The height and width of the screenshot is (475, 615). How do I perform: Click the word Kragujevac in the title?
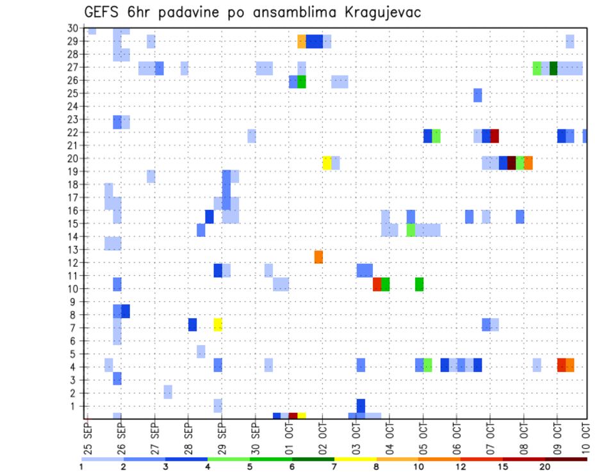coord(380,12)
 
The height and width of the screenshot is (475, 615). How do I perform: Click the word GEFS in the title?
coord(102,12)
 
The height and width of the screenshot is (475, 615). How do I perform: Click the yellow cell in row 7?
coord(218,325)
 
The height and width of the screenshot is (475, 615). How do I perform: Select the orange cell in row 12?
coord(318,257)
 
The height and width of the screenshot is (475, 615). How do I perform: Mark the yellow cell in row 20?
coord(327,163)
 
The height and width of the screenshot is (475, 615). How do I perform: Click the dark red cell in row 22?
coord(495,136)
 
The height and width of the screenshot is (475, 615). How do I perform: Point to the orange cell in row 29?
coord(302,42)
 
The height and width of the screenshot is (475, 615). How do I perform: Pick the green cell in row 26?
coord(302,81)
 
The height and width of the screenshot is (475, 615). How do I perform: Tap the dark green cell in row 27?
coord(553,68)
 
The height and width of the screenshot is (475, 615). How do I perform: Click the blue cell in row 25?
coord(478,95)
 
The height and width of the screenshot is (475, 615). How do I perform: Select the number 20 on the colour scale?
coord(545,467)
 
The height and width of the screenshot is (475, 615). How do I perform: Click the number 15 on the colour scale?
coord(503,467)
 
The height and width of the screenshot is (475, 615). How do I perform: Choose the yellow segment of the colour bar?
coord(355,459)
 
